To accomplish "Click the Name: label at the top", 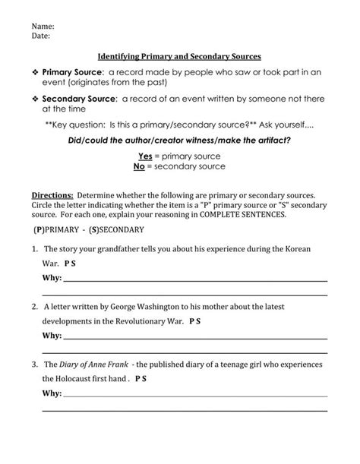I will [x=43, y=25].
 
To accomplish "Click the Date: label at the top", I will [x=42, y=35].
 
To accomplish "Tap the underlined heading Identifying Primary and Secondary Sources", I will [x=180, y=56].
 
